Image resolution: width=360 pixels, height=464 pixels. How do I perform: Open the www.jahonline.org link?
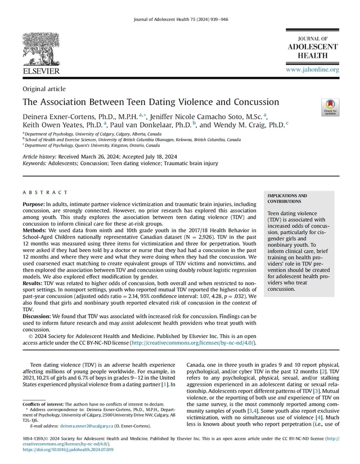(312, 70)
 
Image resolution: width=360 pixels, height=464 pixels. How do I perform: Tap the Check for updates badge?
(330, 107)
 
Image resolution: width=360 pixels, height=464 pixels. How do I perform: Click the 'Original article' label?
(44, 89)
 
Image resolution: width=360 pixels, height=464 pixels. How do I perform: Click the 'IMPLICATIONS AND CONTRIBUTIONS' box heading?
(287, 198)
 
